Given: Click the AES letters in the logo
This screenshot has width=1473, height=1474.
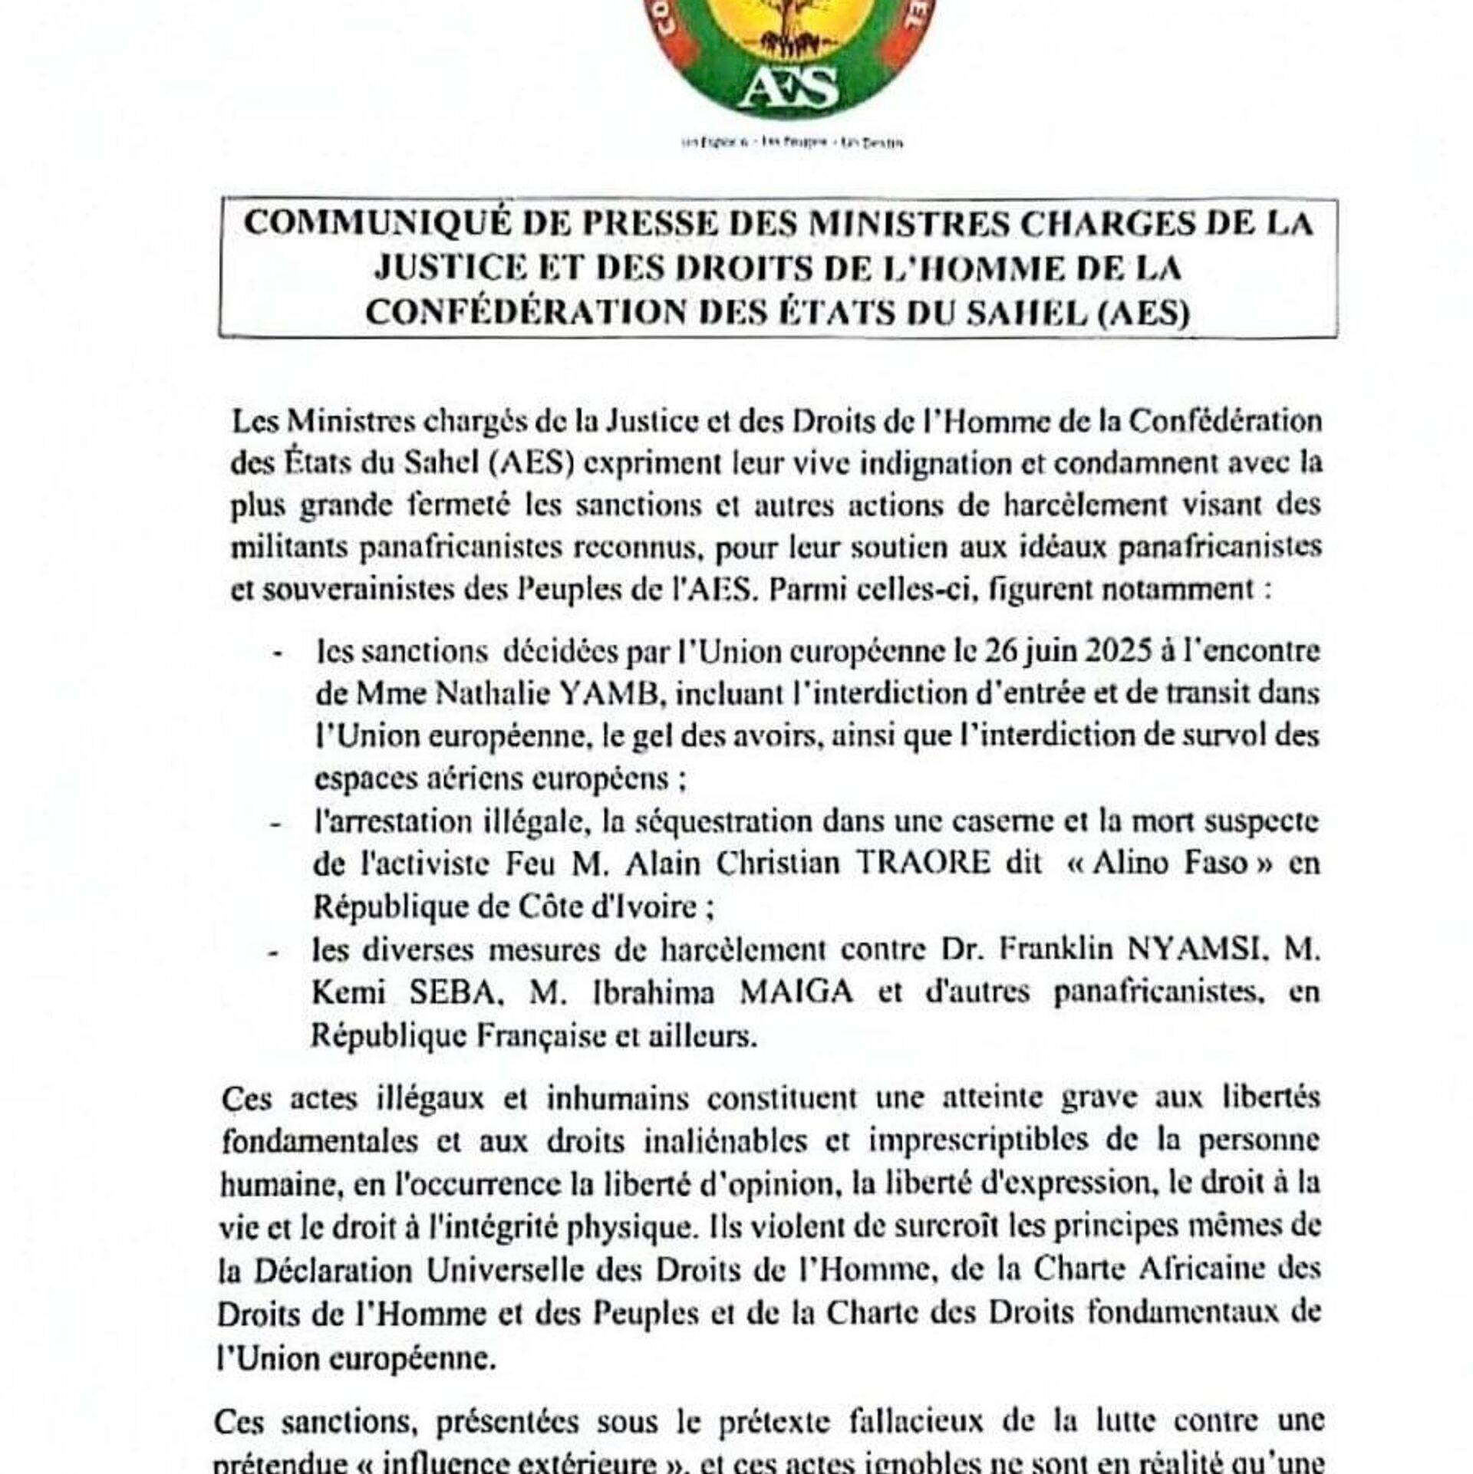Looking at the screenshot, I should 792,87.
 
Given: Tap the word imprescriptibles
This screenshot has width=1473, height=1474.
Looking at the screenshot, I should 978,1140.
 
